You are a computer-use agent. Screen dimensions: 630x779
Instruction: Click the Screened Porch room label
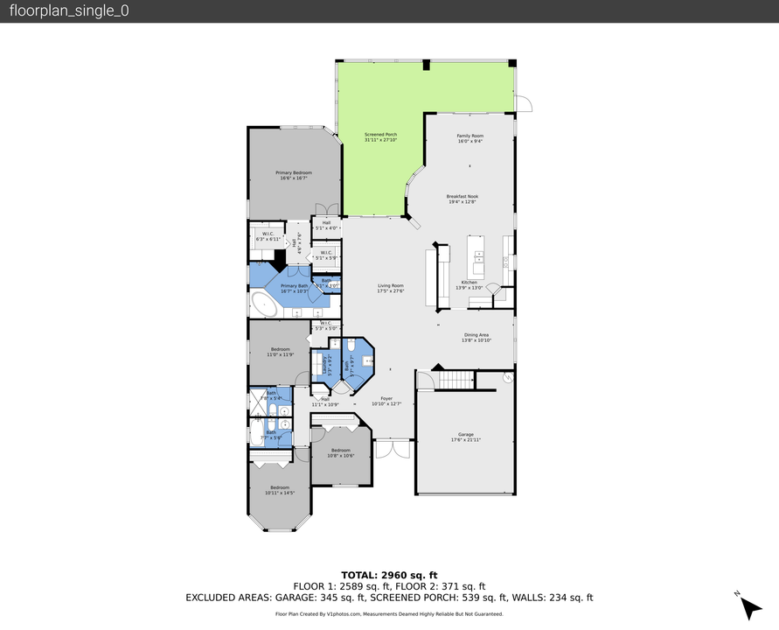380,135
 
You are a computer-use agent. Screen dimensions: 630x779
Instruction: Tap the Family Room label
470,136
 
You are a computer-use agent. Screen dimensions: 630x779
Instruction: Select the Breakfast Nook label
462,197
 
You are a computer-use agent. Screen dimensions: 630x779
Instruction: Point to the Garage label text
465,434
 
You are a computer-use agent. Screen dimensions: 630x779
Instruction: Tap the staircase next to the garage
454,380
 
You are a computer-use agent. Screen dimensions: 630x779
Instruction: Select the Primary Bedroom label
294,173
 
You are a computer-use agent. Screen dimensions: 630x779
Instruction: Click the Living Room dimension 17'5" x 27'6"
390,291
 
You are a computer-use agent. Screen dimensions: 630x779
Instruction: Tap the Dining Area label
476,334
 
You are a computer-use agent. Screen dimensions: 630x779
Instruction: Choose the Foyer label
386,398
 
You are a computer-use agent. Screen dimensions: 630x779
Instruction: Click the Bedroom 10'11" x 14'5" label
279,490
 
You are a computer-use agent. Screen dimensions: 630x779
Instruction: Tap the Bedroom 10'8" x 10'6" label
340,452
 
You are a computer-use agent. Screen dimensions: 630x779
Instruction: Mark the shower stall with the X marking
258,402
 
